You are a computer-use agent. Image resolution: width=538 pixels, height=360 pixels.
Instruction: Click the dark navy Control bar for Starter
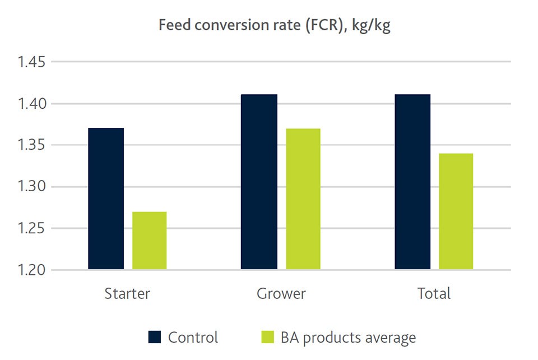[106, 199]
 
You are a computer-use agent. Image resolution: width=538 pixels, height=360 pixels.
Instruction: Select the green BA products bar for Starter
[149, 241]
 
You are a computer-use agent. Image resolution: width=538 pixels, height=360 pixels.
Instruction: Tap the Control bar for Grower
[259, 182]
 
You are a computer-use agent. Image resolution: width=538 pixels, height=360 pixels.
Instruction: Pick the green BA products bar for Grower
[303, 199]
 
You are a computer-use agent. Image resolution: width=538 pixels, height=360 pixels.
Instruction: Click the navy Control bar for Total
[412, 182]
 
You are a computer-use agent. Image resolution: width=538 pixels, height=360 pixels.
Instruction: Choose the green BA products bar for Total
[456, 211]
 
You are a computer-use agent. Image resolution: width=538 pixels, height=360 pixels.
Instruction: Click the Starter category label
[127, 294]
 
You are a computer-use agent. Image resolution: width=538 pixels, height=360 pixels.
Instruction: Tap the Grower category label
[281, 294]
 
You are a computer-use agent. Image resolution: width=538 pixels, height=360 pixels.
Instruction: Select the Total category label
[434, 294]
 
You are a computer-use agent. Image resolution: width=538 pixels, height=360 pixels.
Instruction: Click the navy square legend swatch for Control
[155, 337]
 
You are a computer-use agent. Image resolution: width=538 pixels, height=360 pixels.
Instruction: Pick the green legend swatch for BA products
[267, 337]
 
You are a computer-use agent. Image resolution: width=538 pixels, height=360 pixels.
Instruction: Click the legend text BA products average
[348, 338]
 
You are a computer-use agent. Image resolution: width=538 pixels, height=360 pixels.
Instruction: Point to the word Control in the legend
[193, 338]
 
